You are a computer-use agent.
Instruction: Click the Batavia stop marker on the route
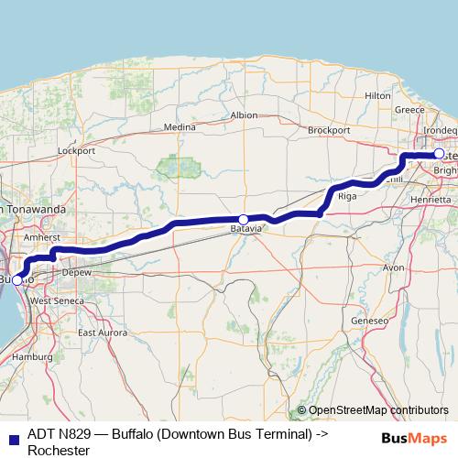point(243,219)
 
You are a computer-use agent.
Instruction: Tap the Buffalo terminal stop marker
point(17,279)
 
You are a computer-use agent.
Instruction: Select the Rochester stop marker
point(439,153)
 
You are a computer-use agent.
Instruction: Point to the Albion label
point(245,115)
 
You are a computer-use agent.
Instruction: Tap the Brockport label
point(329,130)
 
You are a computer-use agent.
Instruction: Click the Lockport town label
point(76,149)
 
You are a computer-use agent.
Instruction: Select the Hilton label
point(377,95)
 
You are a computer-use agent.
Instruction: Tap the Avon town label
point(393,267)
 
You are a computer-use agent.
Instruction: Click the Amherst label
point(41,236)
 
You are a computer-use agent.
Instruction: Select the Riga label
point(347,196)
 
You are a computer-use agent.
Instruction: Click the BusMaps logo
point(409,436)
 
